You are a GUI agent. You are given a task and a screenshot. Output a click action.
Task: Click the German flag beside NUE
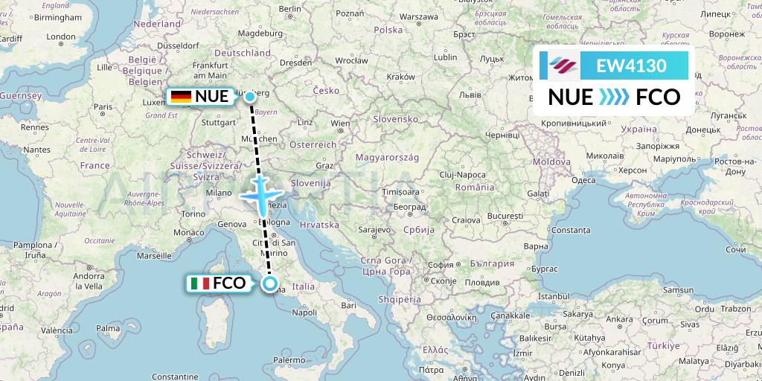click(180, 96)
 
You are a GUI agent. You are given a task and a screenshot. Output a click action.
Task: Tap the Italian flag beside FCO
click(199, 284)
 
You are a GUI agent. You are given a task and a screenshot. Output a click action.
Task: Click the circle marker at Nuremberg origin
click(250, 96)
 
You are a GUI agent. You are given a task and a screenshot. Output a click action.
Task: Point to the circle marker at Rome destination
click(270, 284)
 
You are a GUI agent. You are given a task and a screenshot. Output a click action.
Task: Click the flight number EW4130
click(631, 65)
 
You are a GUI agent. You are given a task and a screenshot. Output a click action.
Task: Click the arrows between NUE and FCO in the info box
click(615, 97)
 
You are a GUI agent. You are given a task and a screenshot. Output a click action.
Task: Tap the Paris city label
click(103, 106)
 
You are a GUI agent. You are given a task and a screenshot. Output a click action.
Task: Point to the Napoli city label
click(305, 313)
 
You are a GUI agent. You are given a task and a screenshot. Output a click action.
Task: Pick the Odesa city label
click(583, 179)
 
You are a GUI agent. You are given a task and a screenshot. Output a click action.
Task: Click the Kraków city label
click(400, 76)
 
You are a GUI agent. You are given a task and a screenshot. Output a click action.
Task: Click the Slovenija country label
click(311, 182)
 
